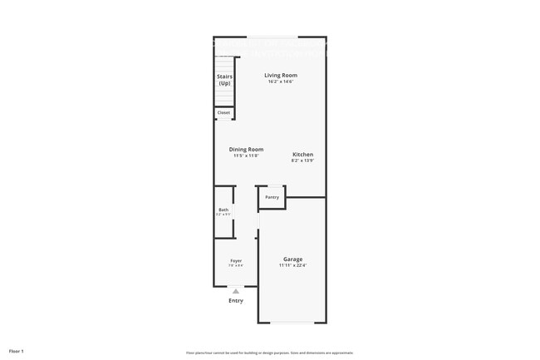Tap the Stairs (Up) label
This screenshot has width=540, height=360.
tap(224, 80)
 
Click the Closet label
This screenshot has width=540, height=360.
tap(223, 112)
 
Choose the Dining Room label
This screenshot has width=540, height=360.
tap(246, 149)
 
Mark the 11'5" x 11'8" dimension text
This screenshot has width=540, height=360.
tap(246, 155)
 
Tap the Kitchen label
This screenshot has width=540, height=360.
tap(302, 154)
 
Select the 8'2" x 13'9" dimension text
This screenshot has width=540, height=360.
tap(302, 160)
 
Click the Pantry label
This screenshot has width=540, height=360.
tap(272, 197)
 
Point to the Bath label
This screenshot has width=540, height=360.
tap(223, 210)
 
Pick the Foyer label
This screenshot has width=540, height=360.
tap(236, 260)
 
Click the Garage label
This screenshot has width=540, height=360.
tap(292, 259)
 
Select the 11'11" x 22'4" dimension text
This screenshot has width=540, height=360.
tap(292, 265)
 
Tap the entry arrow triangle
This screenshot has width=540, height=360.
tap(236, 290)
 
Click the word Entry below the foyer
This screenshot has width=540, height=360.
tap(236, 300)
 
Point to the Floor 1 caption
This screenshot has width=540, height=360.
tap(17, 351)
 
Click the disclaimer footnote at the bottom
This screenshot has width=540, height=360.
tap(269, 353)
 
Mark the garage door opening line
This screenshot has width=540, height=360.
tap(292, 323)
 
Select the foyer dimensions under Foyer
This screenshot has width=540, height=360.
tap(236, 266)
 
